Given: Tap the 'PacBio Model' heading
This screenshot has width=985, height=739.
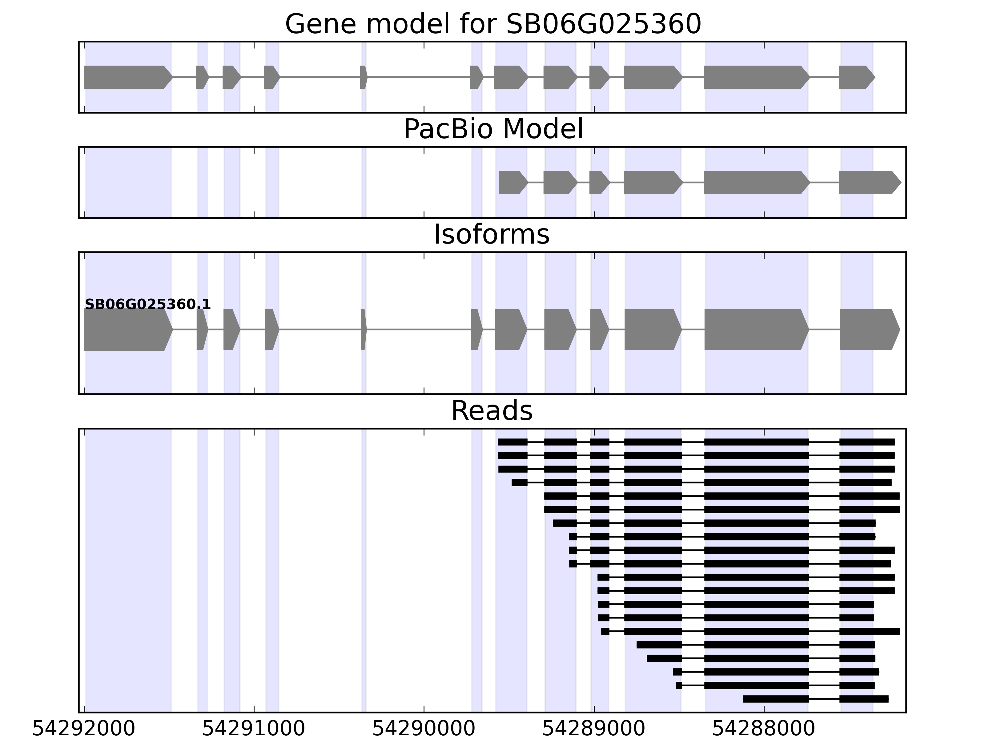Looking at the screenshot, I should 493,129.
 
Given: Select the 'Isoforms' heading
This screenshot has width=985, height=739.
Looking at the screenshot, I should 492,235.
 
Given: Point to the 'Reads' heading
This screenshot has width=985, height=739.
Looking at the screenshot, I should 492,411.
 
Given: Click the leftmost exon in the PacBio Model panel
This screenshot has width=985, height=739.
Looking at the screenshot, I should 513,182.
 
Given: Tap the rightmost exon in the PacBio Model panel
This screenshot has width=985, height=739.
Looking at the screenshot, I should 869,182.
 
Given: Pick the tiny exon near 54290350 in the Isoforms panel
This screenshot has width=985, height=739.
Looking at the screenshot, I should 363,330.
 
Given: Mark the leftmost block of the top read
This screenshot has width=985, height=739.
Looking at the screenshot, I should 512,442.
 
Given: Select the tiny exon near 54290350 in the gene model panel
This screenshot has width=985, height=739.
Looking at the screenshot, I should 363,77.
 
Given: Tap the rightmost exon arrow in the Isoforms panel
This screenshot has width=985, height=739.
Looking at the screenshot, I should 869,330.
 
